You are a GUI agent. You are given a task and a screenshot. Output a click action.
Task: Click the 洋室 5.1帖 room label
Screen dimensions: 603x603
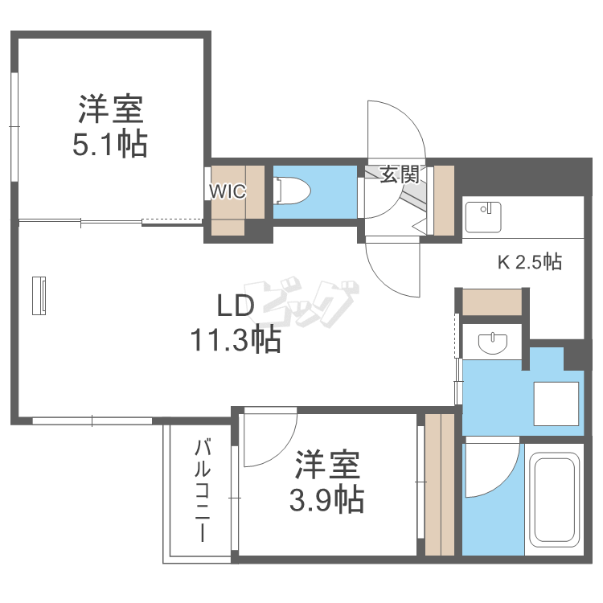coord(110,126)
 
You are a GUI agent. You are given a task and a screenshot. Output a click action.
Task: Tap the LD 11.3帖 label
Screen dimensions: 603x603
coord(236,323)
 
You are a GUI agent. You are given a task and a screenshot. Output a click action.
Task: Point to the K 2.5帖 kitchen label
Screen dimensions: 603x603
coord(530,262)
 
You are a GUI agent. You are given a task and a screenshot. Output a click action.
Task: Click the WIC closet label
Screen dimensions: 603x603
coord(228,191)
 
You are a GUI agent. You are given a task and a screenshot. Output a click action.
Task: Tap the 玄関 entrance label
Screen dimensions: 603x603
coord(400,175)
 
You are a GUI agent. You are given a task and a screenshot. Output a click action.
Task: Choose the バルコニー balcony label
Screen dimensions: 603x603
coord(203,490)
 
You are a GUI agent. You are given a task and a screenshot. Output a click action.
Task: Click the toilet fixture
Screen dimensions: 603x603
coord(293,191)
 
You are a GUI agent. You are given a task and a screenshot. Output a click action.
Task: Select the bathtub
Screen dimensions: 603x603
coord(554,499)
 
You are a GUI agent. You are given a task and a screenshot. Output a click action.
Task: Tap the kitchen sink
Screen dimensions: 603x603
coord(483,217)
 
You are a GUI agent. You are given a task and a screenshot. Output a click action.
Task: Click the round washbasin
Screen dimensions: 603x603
coord(493,343)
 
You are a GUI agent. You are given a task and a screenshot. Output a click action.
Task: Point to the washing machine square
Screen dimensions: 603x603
coord(556,404)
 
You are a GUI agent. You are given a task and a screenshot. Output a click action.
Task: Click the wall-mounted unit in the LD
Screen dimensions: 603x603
coord(39,295)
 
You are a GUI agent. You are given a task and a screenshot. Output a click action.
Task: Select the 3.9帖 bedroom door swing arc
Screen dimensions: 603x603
coord(285,450)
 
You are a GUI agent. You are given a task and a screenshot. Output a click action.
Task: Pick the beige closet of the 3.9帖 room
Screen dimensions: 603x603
coord(440,485)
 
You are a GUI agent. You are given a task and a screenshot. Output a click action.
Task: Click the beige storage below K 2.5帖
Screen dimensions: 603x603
coord(492,302)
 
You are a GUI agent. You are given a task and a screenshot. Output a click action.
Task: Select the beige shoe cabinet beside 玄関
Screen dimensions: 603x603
coord(444,200)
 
